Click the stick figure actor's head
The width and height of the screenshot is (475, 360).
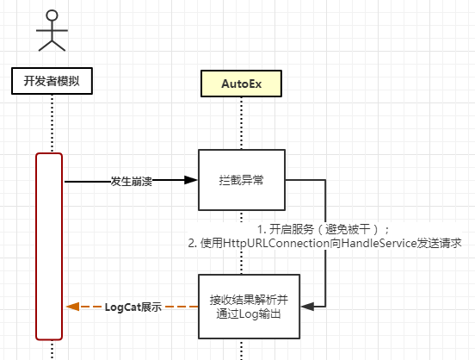[x=52, y=15]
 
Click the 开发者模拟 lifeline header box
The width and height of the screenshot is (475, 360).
[x=52, y=82]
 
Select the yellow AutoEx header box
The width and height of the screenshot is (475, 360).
[x=242, y=84]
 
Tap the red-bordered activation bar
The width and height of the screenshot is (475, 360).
[x=49, y=245]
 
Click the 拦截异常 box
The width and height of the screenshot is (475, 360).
[x=242, y=180]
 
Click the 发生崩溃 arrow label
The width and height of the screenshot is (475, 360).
[x=132, y=182]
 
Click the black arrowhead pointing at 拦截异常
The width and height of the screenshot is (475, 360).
[x=190, y=181]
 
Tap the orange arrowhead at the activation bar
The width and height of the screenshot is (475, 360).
[x=72, y=307]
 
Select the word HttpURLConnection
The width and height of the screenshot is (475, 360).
[x=268, y=244]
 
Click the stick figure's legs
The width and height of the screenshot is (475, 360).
[x=52, y=44]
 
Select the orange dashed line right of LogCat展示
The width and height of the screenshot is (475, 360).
[x=181, y=307]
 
